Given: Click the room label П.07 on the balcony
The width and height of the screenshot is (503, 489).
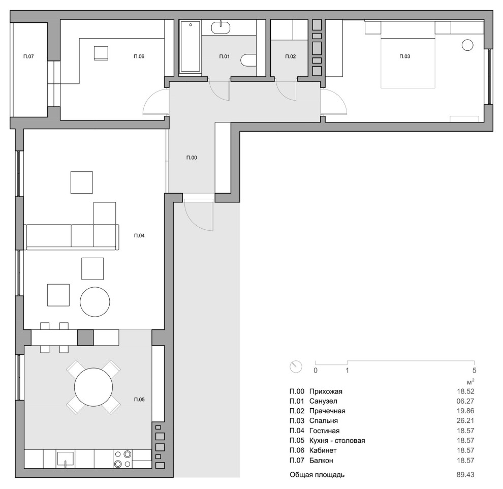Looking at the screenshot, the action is (x=28, y=56).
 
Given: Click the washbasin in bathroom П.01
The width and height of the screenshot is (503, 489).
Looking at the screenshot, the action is (x=221, y=27).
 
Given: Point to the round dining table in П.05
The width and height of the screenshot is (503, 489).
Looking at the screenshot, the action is (x=93, y=387).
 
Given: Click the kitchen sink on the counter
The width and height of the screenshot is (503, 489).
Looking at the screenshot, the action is (x=65, y=459).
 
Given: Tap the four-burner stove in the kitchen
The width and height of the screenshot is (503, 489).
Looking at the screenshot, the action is (x=123, y=459).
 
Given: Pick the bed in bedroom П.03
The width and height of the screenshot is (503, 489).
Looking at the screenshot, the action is (x=407, y=54).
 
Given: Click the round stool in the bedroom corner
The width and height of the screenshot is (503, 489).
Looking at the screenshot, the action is (x=467, y=45).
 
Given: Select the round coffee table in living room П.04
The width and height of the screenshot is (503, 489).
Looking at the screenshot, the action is (x=95, y=301).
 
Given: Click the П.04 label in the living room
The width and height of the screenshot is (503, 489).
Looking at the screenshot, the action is (x=139, y=235).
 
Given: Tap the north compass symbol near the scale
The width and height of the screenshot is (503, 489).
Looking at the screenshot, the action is (x=296, y=366).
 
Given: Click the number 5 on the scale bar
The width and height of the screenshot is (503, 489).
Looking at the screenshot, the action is (x=475, y=370).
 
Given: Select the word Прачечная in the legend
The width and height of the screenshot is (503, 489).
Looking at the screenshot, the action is (x=327, y=411).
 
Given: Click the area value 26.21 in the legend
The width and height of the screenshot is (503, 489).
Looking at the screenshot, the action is (x=465, y=421).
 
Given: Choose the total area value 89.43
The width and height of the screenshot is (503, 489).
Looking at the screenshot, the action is (x=465, y=475).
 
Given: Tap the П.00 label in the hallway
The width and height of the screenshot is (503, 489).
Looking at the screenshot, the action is (x=192, y=158).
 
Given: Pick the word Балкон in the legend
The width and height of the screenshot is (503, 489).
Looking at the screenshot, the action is (x=321, y=461).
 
